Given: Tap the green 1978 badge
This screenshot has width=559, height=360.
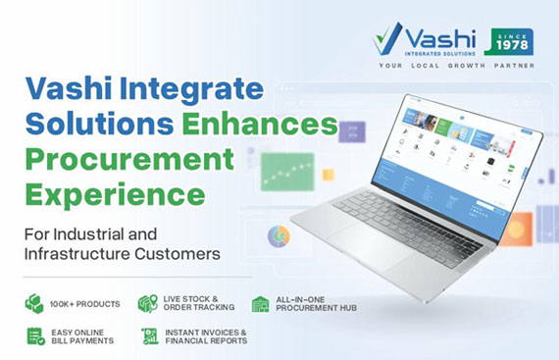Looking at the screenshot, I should coord(510,42).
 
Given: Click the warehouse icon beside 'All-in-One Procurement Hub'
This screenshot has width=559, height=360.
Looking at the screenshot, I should coord(261,304).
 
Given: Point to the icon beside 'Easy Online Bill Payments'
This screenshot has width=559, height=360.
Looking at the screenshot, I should coord(34,336).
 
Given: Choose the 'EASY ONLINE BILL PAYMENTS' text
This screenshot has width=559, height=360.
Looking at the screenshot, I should coord(81,336).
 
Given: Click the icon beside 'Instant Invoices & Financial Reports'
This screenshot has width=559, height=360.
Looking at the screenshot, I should coord(148,336).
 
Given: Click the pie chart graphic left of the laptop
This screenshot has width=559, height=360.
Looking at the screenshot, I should coord(279,236).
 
